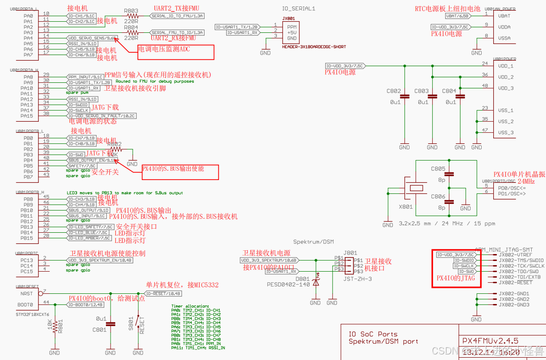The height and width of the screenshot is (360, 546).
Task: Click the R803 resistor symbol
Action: click(131, 16)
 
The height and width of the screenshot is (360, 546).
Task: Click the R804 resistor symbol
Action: click(131, 33)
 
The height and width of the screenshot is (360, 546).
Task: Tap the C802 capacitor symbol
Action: click(405, 96)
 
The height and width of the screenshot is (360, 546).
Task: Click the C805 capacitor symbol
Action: click(449, 174)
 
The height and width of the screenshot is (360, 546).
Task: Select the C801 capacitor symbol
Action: click(110, 323)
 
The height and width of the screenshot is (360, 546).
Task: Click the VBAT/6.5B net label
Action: click(458, 16)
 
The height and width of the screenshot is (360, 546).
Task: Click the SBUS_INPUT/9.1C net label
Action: click(87, 216)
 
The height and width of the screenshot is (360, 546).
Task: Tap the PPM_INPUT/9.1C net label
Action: click(85, 77)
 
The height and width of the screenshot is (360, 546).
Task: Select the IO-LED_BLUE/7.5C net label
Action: click(90, 232)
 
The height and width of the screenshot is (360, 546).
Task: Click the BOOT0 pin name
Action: click(25, 305)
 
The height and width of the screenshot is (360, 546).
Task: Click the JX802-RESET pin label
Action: click(515, 282)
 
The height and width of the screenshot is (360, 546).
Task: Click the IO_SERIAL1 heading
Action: click(298, 8)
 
